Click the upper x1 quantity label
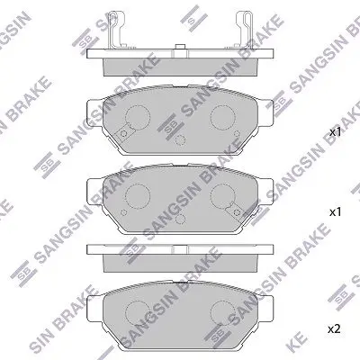(x=336, y=132)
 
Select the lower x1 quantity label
(x=336, y=212)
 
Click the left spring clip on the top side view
(x=115, y=30)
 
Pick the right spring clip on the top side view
(x=244, y=30)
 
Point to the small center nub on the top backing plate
(x=180, y=47)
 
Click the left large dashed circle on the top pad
(x=138, y=117)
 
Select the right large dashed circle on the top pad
(x=222, y=117)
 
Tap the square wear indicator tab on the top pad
(x=123, y=134)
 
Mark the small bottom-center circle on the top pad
(x=180, y=139)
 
